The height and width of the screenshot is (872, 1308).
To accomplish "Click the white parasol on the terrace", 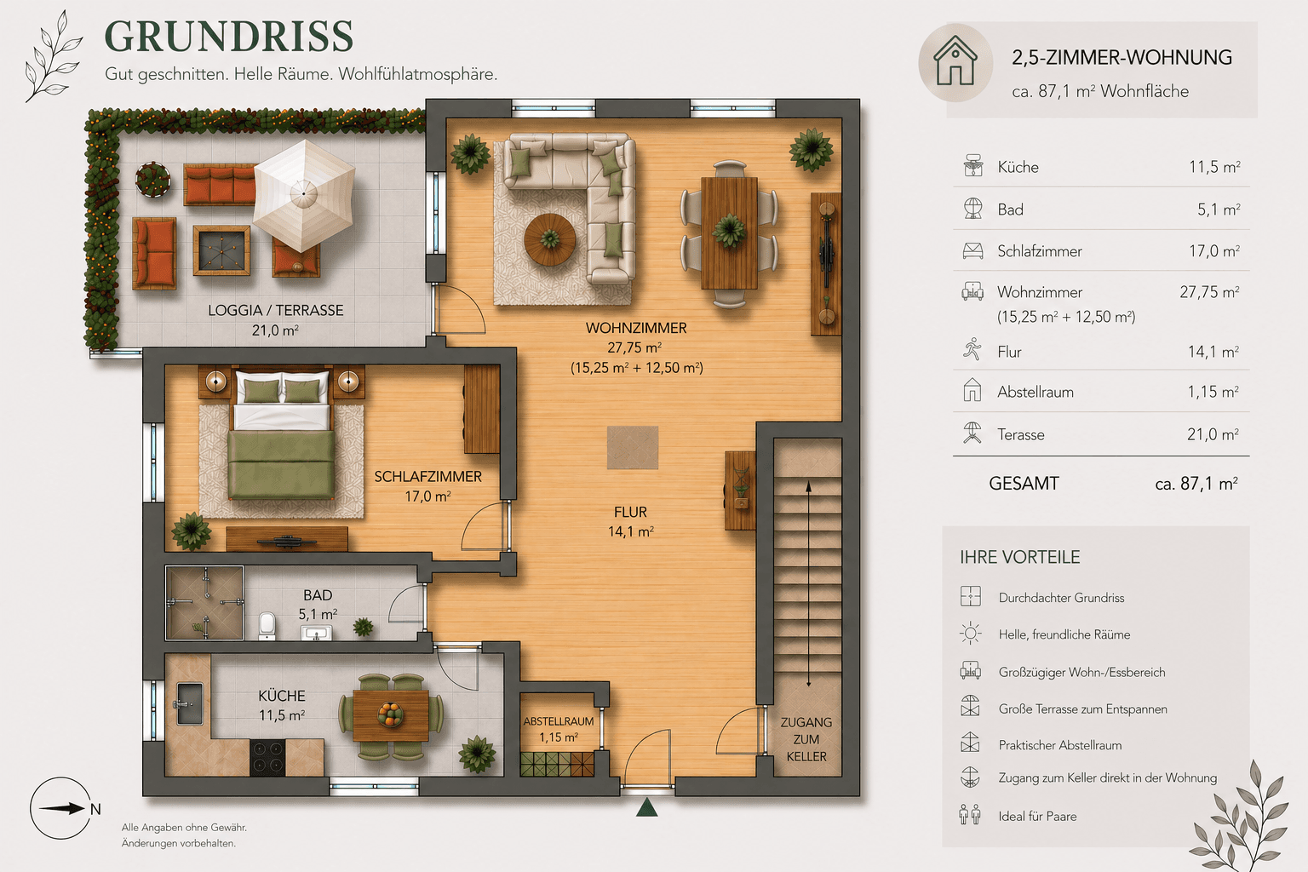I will pyautogui.click(x=303, y=195).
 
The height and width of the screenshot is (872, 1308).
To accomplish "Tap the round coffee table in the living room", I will pyautogui.click(x=549, y=239).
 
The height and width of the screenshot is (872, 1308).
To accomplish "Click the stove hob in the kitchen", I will pyautogui.click(x=267, y=757).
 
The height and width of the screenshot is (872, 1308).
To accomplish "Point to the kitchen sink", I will pyautogui.click(x=189, y=703).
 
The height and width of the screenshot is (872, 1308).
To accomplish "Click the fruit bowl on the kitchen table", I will pyautogui.click(x=391, y=714).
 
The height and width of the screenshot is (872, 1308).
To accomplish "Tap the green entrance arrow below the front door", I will pyautogui.click(x=647, y=806).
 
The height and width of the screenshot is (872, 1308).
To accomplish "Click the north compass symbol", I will pyautogui.click(x=62, y=809).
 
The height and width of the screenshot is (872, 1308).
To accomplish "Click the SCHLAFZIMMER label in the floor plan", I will pyautogui.click(x=427, y=477).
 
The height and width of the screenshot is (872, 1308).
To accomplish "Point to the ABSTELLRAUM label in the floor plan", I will pyautogui.click(x=559, y=721).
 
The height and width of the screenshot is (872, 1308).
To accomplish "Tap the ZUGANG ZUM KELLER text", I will pyautogui.click(x=806, y=739).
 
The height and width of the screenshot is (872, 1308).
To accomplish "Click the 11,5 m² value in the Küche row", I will pyautogui.click(x=1214, y=167).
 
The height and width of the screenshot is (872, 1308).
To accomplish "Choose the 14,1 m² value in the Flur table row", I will pyautogui.click(x=1213, y=352).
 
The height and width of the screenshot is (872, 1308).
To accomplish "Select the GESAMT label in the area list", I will pyautogui.click(x=1024, y=484).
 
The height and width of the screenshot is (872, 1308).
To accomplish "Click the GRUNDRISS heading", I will pyautogui.click(x=228, y=37).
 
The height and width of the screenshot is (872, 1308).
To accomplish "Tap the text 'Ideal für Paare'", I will pyautogui.click(x=1037, y=816).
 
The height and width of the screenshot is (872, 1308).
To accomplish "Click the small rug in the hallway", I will pyautogui.click(x=633, y=448).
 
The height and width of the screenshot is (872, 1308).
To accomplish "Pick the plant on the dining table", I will pyautogui.click(x=729, y=229).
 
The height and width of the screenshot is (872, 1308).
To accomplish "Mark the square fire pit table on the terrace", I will pyautogui.click(x=221, y=250).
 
